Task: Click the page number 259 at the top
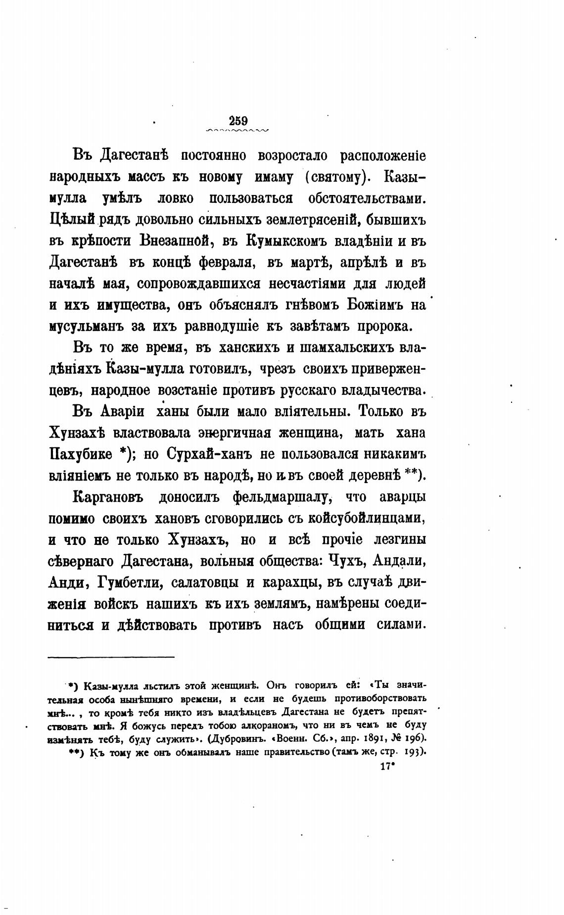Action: [x=238, y=120]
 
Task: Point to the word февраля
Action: [x=227, y=262]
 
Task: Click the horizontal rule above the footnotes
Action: [x=111, y=657]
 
